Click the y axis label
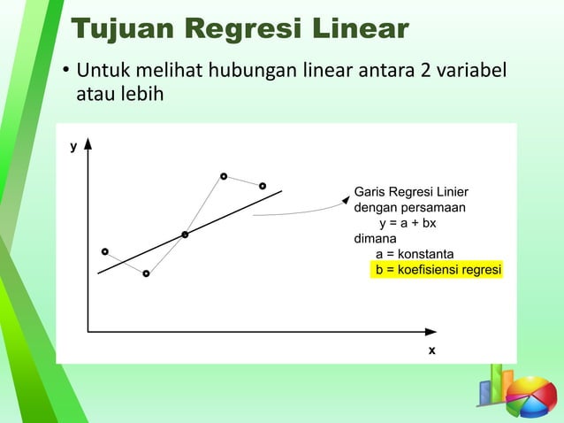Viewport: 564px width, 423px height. click(x=73, y=146)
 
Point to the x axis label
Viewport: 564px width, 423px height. click(x=431, y=350)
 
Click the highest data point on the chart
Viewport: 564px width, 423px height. click(x=224, y=176)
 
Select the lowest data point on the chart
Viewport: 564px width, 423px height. click(x=146, y=273)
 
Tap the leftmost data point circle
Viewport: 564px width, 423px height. click(x=104, y=251)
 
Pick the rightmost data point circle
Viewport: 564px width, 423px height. click(x=262, y=186)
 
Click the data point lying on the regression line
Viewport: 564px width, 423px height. click(x=185, y=235)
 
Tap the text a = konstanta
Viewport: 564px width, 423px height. click(x=415, y=254)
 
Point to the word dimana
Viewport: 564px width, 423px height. click(x=375, y=239)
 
